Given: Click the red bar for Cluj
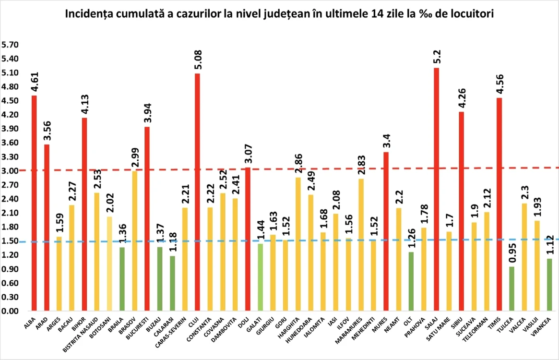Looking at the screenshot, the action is click(x=197, y=192).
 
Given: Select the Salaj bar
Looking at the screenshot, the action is click(x=436, y=189).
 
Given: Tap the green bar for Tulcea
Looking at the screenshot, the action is click(x=512, y=288).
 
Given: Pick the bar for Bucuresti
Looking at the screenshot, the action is click(x=147, y=219).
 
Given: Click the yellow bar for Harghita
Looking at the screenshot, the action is click(x=298, y=244).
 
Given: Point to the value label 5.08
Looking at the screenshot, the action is click(x=198, y=60).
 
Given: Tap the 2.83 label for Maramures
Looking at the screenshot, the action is click(x=361, y=165).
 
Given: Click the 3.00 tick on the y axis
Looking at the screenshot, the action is click(x=10, y=171).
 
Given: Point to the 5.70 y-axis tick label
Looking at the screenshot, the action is click(x=10, y=45).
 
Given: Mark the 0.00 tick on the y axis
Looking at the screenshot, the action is click(x=10, y=311).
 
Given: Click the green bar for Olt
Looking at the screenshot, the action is click(x=411, y=281).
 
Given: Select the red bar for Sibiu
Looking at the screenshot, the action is click(x=461, y=211).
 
